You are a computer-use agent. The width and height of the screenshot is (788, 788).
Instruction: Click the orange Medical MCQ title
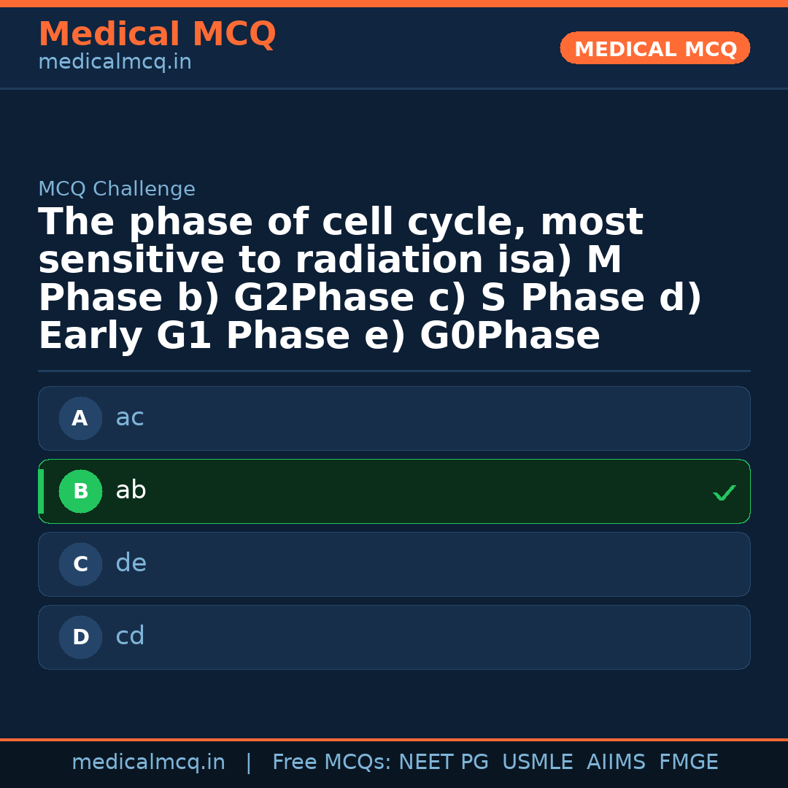point(157,34)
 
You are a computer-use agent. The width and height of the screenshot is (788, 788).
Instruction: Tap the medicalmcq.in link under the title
point(115,63)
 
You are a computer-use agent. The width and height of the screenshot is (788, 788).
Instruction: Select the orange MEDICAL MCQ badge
point(654,49)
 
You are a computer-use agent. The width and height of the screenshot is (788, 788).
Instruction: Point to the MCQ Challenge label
point(117,190)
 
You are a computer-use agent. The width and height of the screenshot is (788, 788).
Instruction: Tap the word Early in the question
point(90,336)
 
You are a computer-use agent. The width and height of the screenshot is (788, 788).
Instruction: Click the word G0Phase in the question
point(509,336)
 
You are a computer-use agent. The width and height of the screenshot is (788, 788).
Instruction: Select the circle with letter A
point(80,419)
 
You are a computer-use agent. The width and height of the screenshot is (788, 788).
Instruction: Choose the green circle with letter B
point(80,492)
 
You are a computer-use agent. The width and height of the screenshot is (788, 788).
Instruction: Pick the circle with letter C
point(80,565)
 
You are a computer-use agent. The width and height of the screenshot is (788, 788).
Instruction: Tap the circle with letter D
point(80,638)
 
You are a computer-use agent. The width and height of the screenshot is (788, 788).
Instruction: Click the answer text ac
point(130,418)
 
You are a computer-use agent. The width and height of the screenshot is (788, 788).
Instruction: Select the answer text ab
point(131,491)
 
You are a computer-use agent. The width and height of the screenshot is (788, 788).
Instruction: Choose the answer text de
point(131,564)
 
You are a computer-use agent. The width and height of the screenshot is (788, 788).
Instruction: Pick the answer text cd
point(130,637)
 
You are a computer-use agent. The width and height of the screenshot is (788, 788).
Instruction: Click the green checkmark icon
point(724,493)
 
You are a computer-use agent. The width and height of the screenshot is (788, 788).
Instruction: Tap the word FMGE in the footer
point(688,762)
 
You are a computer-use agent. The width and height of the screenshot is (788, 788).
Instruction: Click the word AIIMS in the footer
point(616,762)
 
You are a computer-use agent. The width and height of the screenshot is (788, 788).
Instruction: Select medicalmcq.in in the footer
point(148,762)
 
